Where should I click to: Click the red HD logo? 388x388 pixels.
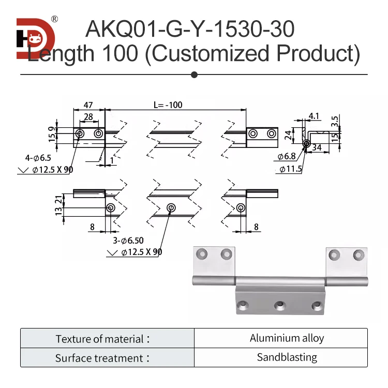[x=34, y=39]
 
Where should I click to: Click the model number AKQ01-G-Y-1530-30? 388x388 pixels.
[x=190, y=29]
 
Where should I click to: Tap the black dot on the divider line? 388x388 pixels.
[x=194, y=75]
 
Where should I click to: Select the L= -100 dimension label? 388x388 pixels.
[x=168, y=105]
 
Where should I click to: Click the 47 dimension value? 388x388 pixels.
[x=88, y=105]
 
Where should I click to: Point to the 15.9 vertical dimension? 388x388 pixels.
[x=51, y=134]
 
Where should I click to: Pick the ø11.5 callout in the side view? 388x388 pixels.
[x=290, y=169]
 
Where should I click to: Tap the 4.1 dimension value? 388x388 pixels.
[x=314, y=115]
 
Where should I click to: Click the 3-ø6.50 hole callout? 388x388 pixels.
[x=128, y=241]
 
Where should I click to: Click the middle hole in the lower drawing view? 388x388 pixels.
[x=170, y=208]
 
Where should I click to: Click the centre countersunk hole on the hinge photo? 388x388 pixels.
[x=280, y=306]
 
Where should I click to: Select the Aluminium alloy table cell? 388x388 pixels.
[x=287, y=338]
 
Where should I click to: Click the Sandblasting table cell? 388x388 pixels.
[x=287, y=357]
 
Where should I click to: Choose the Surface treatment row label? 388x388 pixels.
[x=102, y=358]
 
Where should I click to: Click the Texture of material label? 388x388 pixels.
[x=102, y=339]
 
